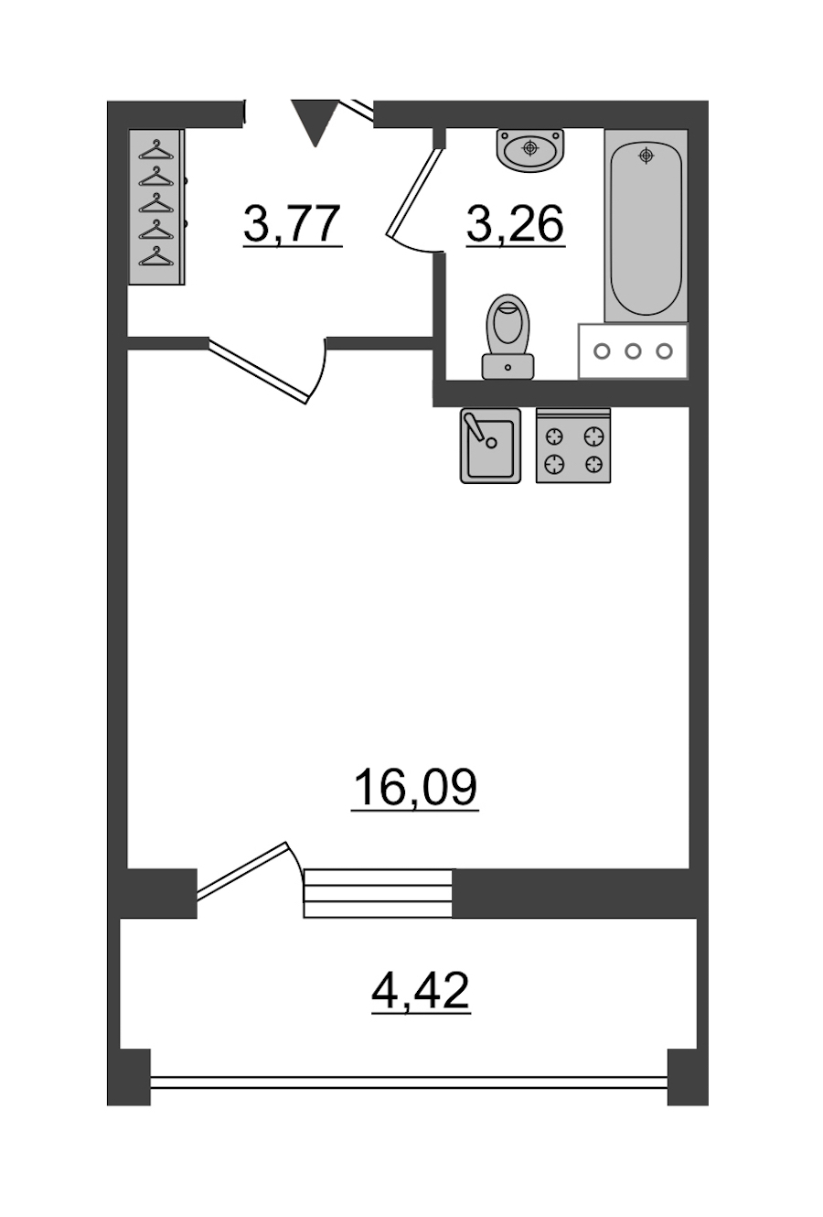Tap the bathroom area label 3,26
515,224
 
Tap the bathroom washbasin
529,150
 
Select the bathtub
646,225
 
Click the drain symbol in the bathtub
646,156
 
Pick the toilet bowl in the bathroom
508,321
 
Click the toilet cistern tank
508,366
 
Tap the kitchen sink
490,446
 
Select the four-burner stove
573,446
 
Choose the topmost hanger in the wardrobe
156,150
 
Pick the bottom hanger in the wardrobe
156,256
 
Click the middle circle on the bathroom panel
633,351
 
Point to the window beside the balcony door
378,894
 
